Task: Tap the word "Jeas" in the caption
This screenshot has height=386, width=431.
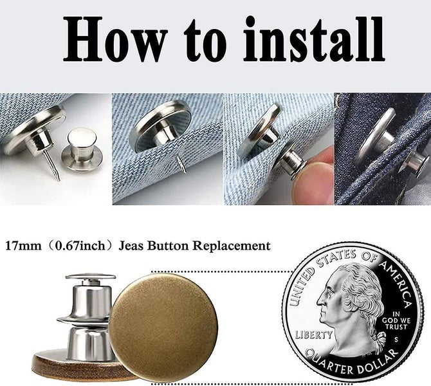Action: pyautogui.click(x=129, y=246)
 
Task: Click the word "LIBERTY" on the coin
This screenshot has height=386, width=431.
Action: pyautogui.click(x=314, y=335)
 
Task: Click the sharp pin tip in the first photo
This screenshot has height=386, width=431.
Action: pyautogui.click(x=57, y=175)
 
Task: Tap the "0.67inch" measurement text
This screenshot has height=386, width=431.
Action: pyautogui.click(x=78, y=246)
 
